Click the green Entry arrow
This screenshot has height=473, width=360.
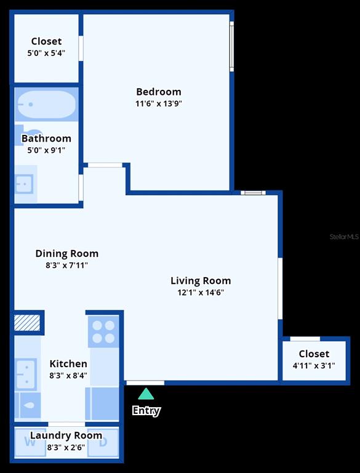[146, 394]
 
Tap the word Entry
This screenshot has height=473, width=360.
[146, 411]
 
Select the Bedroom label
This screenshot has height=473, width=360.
[159, 91]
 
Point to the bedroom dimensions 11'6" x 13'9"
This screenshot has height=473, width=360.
[159, 103]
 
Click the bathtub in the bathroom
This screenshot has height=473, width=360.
[46, 104]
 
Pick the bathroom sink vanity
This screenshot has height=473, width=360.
[26, 184]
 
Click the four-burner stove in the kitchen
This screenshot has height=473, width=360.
[103, 332]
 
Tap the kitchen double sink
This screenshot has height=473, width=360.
[26, 374]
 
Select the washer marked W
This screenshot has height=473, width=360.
[30, 442]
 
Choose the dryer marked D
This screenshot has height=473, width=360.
[103, 442]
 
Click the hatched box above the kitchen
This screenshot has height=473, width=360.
[27, 323]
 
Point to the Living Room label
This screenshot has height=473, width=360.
[201, 281]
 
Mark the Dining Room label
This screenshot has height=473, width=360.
[67, 253]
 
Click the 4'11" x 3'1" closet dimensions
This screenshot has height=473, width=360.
[314, 366]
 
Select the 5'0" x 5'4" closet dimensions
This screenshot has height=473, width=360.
[46, 53]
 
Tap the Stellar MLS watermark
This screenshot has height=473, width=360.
[344, 236]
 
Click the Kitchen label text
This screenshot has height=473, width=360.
[68, 363]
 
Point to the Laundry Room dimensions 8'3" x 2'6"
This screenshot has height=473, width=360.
[66, 447]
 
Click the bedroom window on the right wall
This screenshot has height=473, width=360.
[231, 46]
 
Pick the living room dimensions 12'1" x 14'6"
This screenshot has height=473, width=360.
[201, 293]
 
